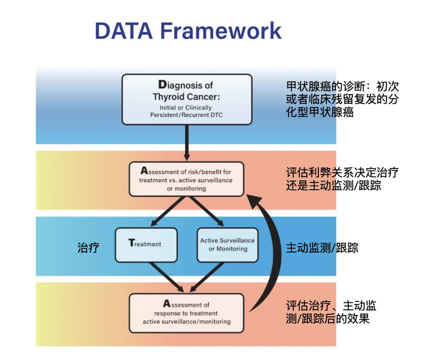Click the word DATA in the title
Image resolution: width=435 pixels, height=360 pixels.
coord(123,30)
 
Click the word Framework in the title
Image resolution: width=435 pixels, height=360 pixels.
coord(221,30)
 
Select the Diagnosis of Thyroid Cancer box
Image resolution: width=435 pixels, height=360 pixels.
coord(187,99)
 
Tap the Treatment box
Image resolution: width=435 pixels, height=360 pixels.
coord(146,245)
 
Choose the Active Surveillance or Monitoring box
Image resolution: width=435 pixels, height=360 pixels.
coord(227,245)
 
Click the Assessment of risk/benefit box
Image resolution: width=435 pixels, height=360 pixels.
coord(187,179)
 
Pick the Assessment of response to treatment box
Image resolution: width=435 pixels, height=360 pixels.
coord(187,313)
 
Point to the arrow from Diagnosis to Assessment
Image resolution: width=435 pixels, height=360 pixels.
coord(187,142)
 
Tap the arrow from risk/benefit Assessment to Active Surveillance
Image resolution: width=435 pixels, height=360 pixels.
coord(206,211)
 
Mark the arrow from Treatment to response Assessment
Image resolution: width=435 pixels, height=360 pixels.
coord(167,277)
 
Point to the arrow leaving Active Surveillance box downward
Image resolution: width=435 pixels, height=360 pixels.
coord(206,277)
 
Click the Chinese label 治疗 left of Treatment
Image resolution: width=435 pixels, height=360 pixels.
coord(88,248)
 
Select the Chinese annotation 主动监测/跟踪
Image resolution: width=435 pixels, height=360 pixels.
coord(322,248)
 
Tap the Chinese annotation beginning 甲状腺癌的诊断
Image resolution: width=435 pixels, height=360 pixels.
coord(343,100)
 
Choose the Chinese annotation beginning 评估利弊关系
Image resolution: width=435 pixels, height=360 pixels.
coord(342,179)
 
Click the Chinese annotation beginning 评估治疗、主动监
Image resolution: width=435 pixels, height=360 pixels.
coord(331,312)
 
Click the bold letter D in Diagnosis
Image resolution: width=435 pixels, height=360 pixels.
coord(162,84)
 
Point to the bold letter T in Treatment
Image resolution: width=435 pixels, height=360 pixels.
coord(131,242)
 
